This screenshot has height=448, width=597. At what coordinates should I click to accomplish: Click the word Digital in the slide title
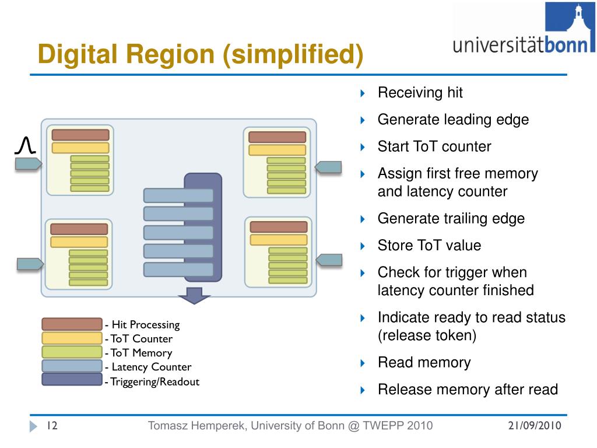(x=78, y=55)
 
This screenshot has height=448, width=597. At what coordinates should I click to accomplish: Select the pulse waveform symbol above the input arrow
(x=26, y=145)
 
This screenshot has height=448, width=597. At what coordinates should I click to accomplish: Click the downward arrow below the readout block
(x=194, y=296)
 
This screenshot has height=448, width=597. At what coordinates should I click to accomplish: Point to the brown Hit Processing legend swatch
(x=72, y=324)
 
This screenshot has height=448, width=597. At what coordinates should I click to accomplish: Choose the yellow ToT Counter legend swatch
(x=72, y=338)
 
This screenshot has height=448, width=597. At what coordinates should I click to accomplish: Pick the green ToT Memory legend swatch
(x=72, y=352)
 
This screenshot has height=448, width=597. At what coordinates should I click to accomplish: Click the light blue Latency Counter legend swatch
(x=72, y=366)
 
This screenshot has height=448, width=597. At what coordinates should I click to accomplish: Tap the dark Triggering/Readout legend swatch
(x=72, y=379)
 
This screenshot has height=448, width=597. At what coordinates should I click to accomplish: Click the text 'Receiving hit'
(x=420, y=93)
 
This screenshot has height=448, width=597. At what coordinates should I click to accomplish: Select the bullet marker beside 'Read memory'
(x=363, y=363)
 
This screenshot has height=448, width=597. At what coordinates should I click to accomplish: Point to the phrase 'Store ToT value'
(x=429, y=246)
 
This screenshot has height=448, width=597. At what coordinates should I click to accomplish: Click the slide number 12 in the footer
(x=52, y=425)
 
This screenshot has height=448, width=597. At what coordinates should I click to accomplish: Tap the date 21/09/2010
(x=535, y=425)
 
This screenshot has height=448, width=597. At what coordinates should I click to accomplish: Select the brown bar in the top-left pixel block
(x=80, y=135)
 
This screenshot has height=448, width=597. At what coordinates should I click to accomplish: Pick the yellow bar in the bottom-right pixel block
(x=278, y=240)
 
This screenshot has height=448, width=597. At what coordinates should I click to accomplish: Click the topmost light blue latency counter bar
(x=178, y=195)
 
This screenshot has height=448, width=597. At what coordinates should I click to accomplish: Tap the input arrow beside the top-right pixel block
(x=328, y=167)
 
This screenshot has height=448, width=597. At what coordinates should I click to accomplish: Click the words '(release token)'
(x=427, y=335)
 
